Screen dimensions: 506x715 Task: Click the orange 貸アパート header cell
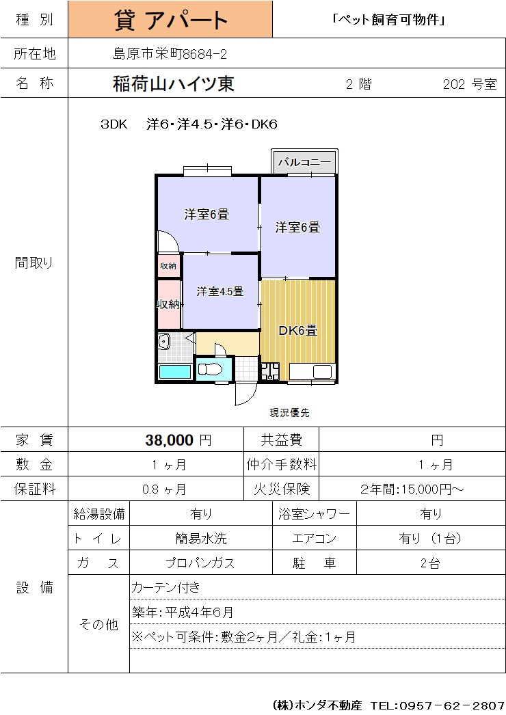170,19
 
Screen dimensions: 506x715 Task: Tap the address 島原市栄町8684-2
170,54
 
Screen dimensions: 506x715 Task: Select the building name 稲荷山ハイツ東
174,83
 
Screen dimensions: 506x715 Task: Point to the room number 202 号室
470,84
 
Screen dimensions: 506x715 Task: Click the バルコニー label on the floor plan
304,161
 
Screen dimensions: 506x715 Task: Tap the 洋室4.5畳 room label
220,291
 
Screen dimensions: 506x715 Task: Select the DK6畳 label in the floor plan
297,330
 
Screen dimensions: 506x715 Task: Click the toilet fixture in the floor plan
210,368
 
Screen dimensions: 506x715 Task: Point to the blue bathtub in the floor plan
175,372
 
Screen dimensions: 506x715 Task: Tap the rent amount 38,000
170,440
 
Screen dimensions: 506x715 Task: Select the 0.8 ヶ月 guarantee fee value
164,489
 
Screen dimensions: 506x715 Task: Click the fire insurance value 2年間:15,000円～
412,489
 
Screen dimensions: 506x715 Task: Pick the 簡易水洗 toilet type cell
201,539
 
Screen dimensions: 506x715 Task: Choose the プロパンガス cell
200,563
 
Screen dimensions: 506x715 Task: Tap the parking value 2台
430,563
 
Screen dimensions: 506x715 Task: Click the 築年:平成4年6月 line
183,612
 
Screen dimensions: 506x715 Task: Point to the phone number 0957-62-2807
452,705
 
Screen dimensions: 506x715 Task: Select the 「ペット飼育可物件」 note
389,20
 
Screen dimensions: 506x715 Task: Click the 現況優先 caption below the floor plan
289,413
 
